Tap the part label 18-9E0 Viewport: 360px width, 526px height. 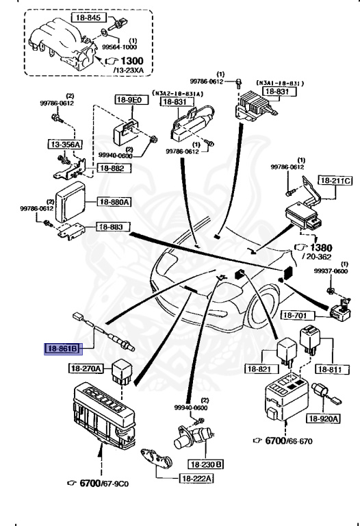[129, 99]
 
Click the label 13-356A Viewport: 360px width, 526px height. [64, 145]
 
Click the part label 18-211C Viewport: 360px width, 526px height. [337, 181]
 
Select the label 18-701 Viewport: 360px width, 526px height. [298, 316]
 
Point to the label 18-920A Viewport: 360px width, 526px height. [323, 418]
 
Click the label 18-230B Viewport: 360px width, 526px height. [211, 464]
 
